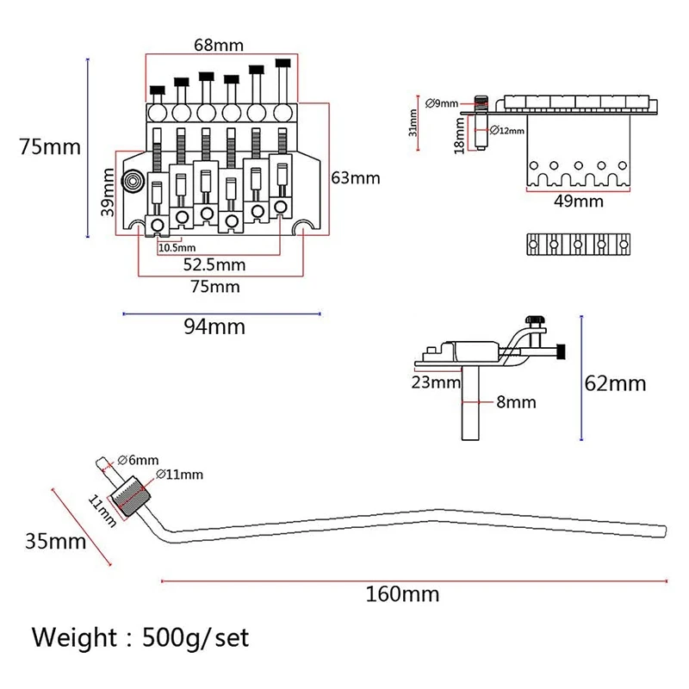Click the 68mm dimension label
point(220,43)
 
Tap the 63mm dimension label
point(355,178)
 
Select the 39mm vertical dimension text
point(108,193)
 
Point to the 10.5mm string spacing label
point(176,247)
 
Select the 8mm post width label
point(517,401)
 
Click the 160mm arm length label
point(409,593)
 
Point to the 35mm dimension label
point(55,541)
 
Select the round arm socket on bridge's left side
point(134,181)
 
